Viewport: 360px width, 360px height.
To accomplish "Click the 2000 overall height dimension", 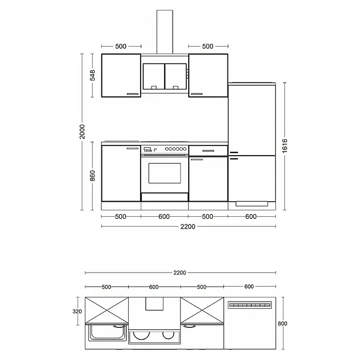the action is point(82,131).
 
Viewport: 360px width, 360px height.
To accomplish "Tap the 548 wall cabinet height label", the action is point(92,76).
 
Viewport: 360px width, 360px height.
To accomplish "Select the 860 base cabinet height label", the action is point(92,176).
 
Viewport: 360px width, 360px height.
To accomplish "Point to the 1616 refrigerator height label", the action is point(284,146).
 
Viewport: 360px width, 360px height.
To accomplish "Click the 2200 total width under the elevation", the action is point(188,227).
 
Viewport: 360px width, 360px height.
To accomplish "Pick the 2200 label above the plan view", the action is point(180,273).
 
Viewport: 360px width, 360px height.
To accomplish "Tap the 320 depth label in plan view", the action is point(77,311).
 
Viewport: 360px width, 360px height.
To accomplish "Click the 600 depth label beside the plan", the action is point(282,323).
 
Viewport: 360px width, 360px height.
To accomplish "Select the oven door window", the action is point(164,173).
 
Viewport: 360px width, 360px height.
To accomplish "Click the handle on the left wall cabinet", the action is point(133,94).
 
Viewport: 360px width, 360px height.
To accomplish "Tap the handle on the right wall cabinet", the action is point(197,94).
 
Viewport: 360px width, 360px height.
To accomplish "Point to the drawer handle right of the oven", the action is point(208,151).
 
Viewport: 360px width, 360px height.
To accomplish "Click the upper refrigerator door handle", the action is point(234,153).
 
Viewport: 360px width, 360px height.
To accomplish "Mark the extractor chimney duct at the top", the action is point(165,32).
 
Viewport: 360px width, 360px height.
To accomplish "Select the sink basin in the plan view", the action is point(108,332).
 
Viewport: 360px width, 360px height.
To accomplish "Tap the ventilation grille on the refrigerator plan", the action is point(250,305).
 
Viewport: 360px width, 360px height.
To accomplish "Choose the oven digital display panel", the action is point(147,149).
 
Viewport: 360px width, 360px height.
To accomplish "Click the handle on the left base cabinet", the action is point(133,148).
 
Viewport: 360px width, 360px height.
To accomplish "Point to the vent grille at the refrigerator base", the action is point(251,204).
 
